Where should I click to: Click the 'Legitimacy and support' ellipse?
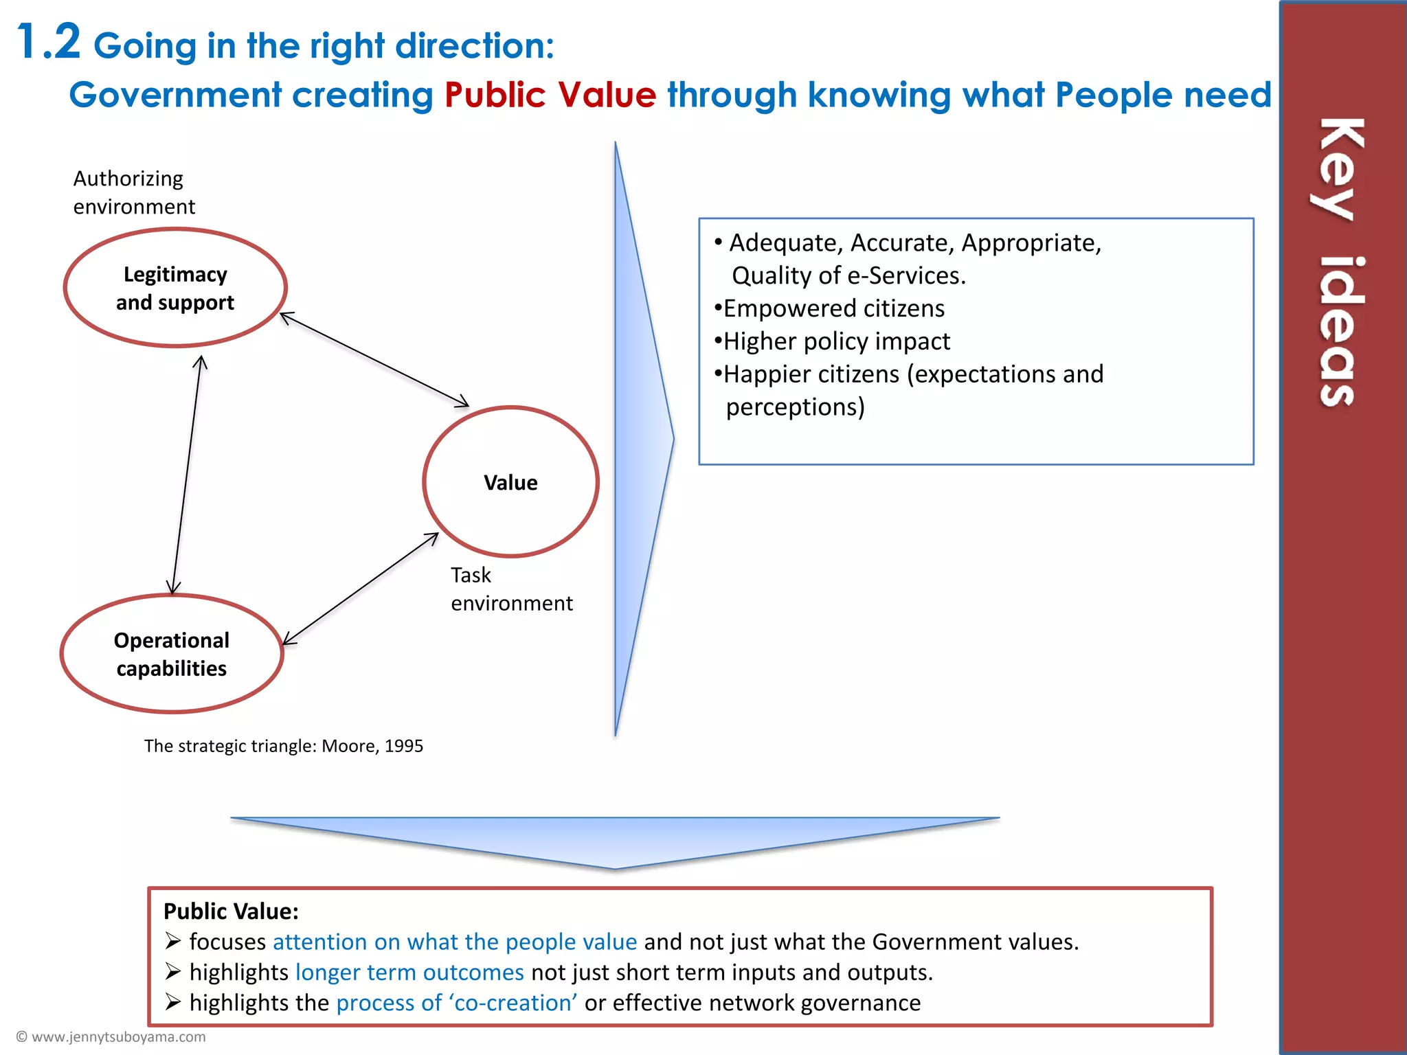tap(175, 288)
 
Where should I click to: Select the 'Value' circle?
tap(510, 482)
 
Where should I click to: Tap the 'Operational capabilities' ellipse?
tap(172, 654)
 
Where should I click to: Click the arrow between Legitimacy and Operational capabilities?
tap(186, 474)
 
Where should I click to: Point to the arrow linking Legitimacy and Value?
tap(374, 359)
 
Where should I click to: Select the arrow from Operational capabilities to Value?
tap(361, 589)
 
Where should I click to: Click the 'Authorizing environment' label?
tap(133, 192)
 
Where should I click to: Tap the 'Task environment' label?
tap(510, 589)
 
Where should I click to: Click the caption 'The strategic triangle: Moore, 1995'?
tap(283, 746)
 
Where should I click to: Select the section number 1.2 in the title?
tap(48, 43)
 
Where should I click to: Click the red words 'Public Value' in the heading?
tap(550, 95)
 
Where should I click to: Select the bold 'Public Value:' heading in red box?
tap(231, 911)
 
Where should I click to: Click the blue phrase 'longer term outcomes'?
tap(409, 973)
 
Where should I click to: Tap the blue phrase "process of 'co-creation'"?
tap(456, 1003)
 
